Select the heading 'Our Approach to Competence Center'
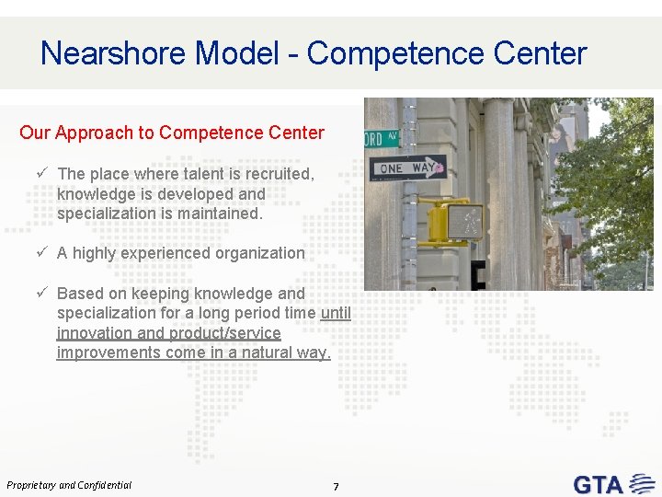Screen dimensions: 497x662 click(172, 133)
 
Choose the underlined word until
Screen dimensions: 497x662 click(336, 313)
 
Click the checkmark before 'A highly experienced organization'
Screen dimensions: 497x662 click(42, 252)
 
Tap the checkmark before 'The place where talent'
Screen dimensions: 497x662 click(42, 173)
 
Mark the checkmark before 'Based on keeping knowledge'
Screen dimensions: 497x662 click(42, 293)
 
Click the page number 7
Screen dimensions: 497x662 click(336, 487)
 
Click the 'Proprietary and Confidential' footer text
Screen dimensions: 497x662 click(69, 485)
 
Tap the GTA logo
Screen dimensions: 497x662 click(611, 483)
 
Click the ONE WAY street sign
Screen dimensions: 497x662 click(405, 168)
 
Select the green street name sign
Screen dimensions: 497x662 click(382, 139)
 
